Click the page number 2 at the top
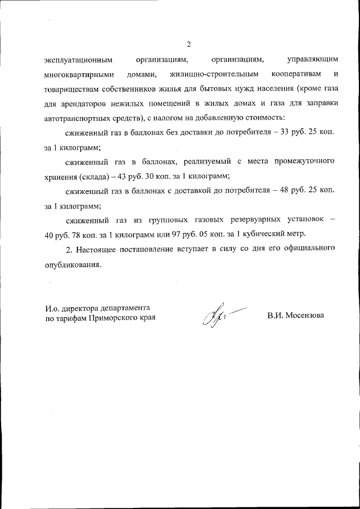coord(189,44)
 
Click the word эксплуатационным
coord(78,59)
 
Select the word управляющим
coord(312,59)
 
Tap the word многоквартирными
coord(79,74)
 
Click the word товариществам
coord(74,89)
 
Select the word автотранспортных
coord(79,118)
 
